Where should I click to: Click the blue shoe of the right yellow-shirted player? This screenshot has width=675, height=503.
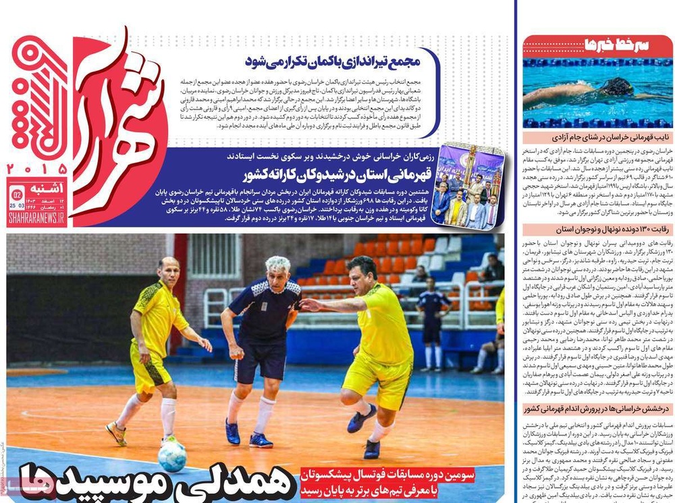pos(360,419)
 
